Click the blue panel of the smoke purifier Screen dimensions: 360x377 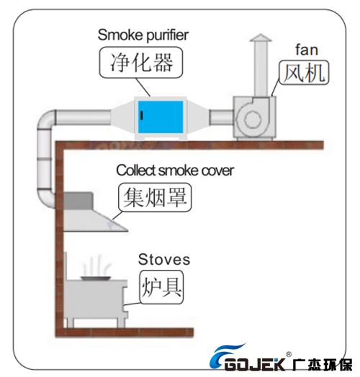(161, 117)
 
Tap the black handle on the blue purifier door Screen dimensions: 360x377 (142, 115)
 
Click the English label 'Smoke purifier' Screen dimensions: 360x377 (143, 35)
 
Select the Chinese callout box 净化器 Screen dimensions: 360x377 (141, 63)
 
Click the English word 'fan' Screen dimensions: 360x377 (307, 50)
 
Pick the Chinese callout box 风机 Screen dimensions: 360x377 (304, 73)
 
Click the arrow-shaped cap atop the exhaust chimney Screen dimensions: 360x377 (261, 37)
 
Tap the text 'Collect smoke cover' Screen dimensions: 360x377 (175, 171)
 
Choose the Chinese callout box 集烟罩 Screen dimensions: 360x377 (155, 197)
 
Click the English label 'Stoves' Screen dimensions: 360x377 (164, 260)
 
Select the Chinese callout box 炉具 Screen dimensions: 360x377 (161, 287)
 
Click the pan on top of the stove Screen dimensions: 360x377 (96, 278)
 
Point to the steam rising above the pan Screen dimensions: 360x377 (96, 266)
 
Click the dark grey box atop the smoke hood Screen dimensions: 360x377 (78, 201)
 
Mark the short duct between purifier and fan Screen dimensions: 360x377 (221, 117)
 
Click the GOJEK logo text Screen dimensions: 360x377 (256, 364)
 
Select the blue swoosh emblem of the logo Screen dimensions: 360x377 (224, 356)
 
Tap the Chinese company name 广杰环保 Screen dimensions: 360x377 (323, 364)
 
